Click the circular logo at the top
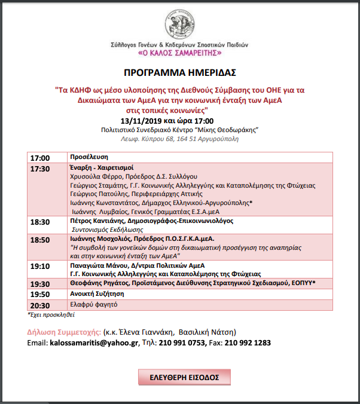tap(180, 22)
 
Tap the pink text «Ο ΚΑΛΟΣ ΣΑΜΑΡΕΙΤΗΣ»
tap(180, 54)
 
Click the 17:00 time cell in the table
tap(40, 158)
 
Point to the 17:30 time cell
tap(40, 169)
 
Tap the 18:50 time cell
tap(40, 239)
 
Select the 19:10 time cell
tap(40, 266)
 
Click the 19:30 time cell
tap(40, 284)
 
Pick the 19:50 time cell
tap(40, 294)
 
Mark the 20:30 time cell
tap(40, 305)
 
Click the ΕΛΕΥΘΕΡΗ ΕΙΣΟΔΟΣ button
tap(184, 378)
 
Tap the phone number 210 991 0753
tap(181, 343)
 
